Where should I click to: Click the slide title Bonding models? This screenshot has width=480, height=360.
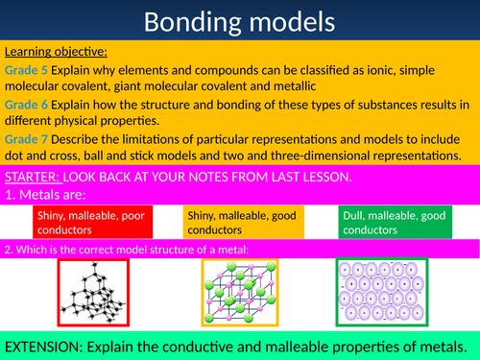click(x=240, y=21)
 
